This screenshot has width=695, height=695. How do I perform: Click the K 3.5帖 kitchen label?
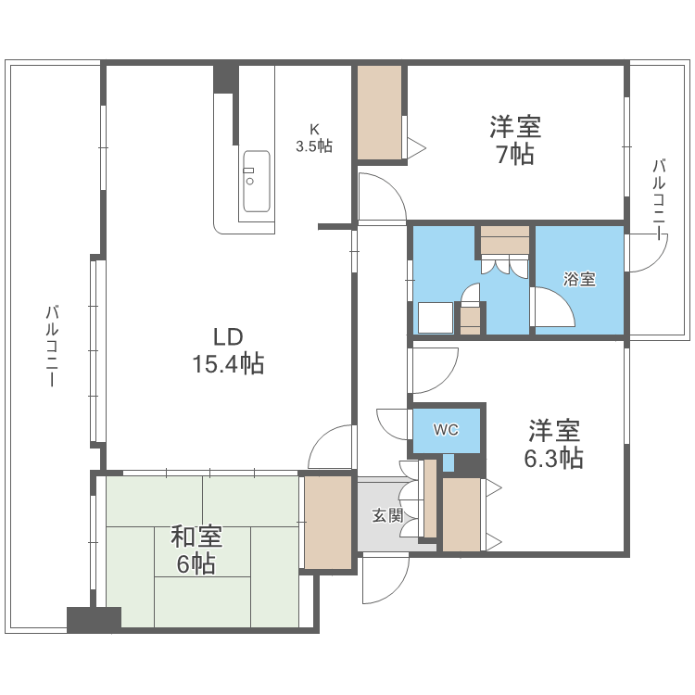(314, 138)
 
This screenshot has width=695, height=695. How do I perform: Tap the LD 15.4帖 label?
(228, 351)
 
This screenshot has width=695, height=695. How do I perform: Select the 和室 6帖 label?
(196, 550)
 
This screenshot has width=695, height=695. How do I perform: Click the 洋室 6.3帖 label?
(555, 444)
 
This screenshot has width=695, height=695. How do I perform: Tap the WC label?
(447, 430)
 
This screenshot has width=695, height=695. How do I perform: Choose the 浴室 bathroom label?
(580, 279)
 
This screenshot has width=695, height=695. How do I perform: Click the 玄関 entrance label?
(387, 516)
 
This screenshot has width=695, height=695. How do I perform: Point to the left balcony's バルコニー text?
(53, 347)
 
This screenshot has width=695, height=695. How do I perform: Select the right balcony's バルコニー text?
(659, 200)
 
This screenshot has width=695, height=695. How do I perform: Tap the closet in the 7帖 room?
(380, 111)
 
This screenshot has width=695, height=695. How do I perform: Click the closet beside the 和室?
(329, 521)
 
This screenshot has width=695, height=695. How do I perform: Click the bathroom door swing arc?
(554, 306)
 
